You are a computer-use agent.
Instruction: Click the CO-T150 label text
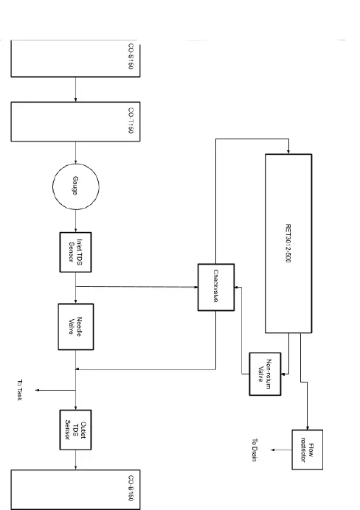131,120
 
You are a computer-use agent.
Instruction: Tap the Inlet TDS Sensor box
76,251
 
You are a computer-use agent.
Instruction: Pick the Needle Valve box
76,326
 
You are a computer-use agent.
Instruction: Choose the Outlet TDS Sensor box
76,430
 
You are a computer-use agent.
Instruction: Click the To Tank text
21,390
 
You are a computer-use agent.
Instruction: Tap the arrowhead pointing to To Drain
271,450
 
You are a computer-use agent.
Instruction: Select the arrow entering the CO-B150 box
76,464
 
